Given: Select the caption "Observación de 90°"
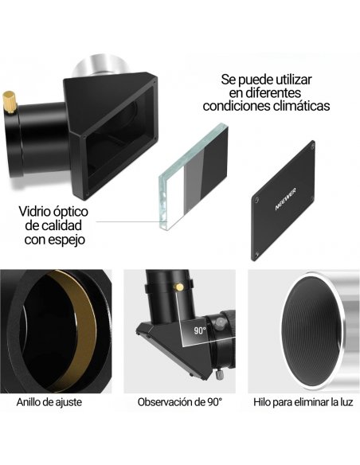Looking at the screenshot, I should [x=179, y=402].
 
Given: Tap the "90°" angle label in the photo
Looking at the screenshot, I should [x=198, y=330].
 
